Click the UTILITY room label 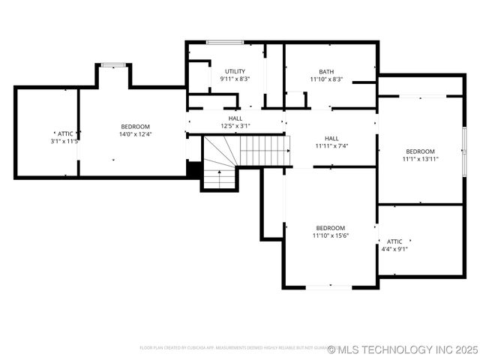click(x=235, y=71)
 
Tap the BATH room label click(x=326, y=72)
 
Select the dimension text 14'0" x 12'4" click(x=136, y=134)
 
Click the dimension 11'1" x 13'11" click(x=420, y=158)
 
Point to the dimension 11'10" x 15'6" click(x=331, y=235)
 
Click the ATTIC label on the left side click(x=65, y=133)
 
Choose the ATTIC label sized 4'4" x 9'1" click(x=394, y=241)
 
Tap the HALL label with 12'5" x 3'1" click(x=235, y=118)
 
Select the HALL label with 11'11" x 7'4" click(x=331, y=138)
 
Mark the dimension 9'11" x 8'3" click(x=235, y=79)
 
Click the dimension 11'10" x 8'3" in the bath click(x=326, y=79)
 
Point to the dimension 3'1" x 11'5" click(x=65, y=141)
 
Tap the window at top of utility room click(x=225, y=43)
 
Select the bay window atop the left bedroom click(x=113, y=65)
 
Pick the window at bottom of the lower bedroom click(x=328, y=286)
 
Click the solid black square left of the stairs click(x=193, y=169)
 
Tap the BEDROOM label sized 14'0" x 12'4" click(x=136, y=127)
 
